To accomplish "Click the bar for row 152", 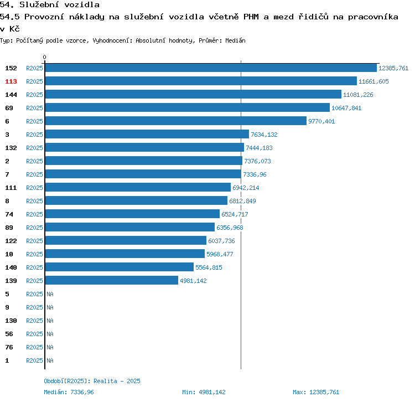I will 210,68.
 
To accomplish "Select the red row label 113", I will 11,81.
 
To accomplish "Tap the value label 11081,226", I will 358,95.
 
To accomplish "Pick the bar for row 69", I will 187,108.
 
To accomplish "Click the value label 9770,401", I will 321,121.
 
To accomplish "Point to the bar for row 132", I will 144,148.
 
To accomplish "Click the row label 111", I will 11,188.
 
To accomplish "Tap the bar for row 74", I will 132,214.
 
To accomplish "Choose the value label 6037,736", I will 221,241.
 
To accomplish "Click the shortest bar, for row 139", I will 111,281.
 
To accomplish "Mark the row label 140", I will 11,267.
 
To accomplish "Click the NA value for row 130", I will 50,321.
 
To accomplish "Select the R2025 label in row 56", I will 34,334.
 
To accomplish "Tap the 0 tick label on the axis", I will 45,57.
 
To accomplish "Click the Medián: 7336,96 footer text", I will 69,392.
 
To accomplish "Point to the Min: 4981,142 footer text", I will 204,392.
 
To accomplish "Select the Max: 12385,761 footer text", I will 316,392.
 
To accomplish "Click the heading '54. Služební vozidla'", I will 50,5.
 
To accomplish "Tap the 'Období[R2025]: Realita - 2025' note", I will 92,381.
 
